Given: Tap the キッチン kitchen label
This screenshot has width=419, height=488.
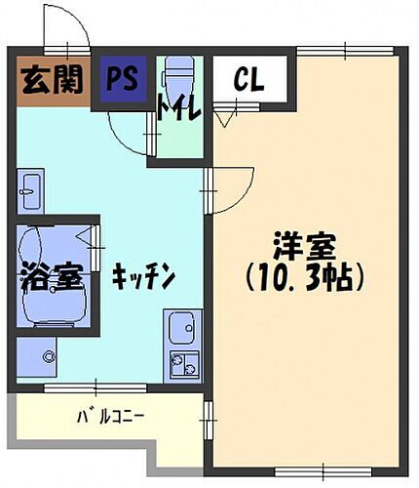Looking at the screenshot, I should tap(142, 278).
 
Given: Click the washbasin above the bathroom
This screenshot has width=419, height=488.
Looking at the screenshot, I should tap(30, 190).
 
